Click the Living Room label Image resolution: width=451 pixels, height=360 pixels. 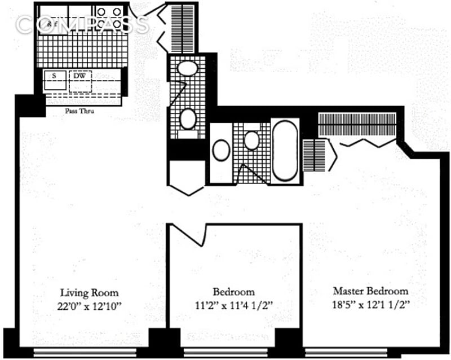(x=89, y=293)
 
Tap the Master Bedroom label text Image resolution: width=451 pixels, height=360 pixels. (x=370, y=291)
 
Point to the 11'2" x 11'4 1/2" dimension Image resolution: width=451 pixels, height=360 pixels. (x=233, y=306)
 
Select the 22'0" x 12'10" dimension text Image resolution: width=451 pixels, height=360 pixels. (x=90, y=306)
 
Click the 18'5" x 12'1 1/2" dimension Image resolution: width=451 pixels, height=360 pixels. (x=371, y=304)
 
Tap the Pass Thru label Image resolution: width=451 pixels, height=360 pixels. (x=79, y=111)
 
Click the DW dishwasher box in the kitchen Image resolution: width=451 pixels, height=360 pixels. (x=80, y=82)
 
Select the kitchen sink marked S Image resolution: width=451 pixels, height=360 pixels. (x=55, y=80)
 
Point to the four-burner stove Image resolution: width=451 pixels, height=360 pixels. (x=109, y=19)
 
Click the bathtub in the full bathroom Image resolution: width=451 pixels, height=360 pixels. (x=285, y=151)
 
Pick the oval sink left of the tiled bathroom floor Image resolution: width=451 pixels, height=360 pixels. (x=221, y=150)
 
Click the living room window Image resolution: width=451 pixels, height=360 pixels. (x=85, y=353)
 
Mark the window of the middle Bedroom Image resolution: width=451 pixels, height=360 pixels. (x=225, y=353)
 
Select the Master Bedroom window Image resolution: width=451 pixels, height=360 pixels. (x=346, y=353)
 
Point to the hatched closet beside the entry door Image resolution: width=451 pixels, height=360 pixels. (x=183, y=28)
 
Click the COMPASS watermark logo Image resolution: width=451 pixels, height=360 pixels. (x=82, y=24)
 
